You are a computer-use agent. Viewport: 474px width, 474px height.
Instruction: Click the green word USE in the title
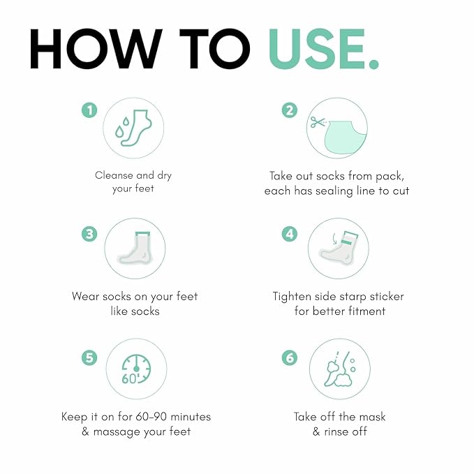click(317, 50)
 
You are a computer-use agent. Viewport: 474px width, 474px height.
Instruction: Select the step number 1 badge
click(89, 110)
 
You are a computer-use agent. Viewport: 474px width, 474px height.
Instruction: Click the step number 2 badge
click(290, 110)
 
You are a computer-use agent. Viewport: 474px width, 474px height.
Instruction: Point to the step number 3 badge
click(89, 234)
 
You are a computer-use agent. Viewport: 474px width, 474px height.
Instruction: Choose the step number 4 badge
click(290, 234)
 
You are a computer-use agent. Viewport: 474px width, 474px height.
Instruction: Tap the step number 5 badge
click(89, 358)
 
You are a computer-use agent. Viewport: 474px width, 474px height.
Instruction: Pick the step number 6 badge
click(290, 358)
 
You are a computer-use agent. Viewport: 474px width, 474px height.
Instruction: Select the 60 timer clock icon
click(136, 369)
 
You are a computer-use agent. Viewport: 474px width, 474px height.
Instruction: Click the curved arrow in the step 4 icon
click(334, 239)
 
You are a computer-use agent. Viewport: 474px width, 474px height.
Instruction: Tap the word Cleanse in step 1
click(114, 175)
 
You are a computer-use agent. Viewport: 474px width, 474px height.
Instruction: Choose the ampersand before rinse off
click(316, 431)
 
